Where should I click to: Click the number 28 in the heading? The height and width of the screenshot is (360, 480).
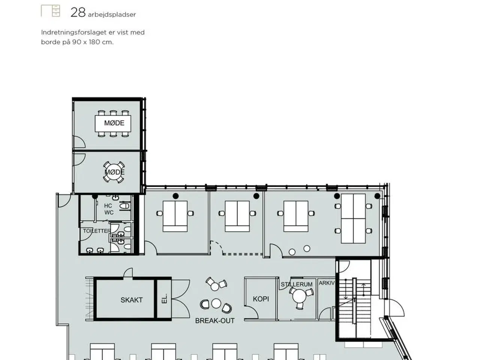tap(78, 13)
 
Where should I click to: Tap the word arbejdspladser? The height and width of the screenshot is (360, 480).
tap(112, 15)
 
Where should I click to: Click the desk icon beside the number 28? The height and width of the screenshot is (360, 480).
tap(50, 11)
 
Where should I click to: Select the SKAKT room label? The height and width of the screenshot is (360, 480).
tap(131, 300)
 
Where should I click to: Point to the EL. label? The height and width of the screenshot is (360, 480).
tap(165, 298)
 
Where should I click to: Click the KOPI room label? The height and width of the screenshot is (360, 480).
tap(261, 299)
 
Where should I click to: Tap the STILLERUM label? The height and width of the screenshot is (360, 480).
tap(297, 284)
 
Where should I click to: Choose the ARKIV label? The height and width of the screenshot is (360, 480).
tap(327, 283)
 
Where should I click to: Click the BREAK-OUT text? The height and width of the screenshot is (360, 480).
tap(215, 321)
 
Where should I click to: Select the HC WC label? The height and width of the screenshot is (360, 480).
tap(109, 209)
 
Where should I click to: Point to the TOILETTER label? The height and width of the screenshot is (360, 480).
tap(97, 231)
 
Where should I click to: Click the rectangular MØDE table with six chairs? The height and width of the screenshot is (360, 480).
tap(113, 123)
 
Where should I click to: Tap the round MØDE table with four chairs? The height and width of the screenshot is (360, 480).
tap(114, 172)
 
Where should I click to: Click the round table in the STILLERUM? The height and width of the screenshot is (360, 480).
tap(299, 296)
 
